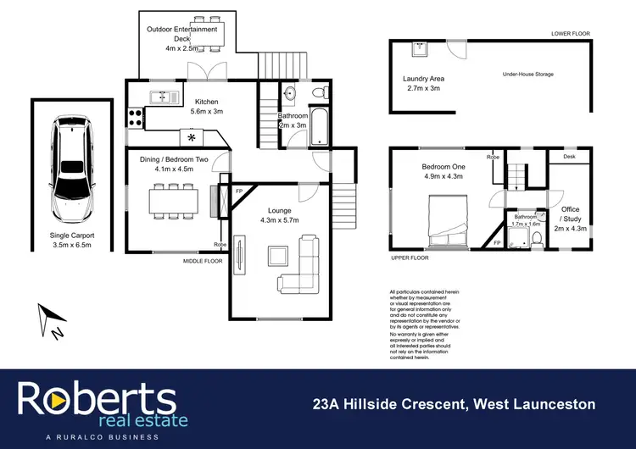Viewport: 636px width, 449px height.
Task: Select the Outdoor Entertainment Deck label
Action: coord(181,39)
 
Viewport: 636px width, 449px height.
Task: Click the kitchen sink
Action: coord(160,97)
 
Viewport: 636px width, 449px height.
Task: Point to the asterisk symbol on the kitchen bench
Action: coord(192,137)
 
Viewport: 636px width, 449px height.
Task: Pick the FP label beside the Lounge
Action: coord(239,191)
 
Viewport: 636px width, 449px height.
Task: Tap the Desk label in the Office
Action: coord(568,157)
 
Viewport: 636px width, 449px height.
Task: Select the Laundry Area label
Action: coord(424,83)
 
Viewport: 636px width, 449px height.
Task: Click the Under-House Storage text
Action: coord(527,75)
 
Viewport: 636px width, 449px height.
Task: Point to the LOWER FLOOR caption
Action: coord(571,33)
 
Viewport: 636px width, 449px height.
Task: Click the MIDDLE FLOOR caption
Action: coord(203,262)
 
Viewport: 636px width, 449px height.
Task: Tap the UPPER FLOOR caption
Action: coord(409,257)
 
